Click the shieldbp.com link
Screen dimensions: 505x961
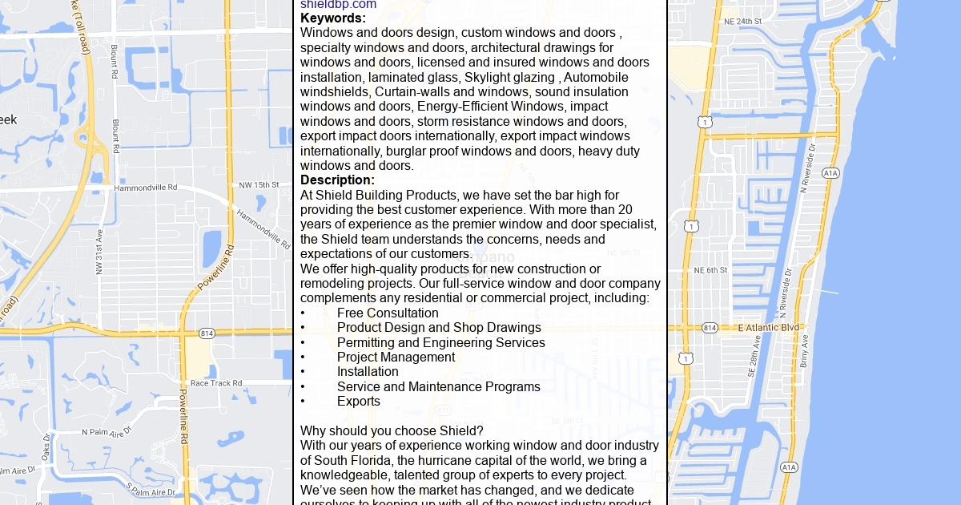pyautogui.click(x=338, y=5)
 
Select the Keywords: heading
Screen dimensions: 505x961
pyautogui.click(x=333, y=18)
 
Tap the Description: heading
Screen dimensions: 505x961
pyautogui.click(x=337, y=180)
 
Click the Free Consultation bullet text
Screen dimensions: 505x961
pyautogui.click(x=388, y=313)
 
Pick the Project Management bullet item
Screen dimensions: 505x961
pyautogui.click(x=396, y=358)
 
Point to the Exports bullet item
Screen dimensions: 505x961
pyautogui.click(x=359, y=402)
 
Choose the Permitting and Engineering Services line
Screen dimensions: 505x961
pyautogui.click(x=440, y=343)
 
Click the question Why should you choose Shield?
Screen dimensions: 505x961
pyautogui.click(x=392, y=431)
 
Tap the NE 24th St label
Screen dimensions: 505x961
pyautogui.click(x=742, y=21)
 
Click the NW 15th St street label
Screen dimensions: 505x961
pyautogui.click(x=259, y=185)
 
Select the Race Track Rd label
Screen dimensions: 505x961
pyautogui.click(x=216, y=383)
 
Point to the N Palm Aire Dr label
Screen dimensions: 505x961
pyautogui.click(x=106, y=432)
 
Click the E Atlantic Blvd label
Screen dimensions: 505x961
pyautogui.click(x=769, y=327)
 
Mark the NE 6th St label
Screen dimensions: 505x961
pyautogui.click(x=710, y=270)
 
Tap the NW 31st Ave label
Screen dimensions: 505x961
pyautogui.click(x=100, y=252)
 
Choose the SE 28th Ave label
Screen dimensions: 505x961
pyautogui.click(x=753, y=356)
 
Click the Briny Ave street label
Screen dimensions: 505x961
pyautogui.click(x=804, y=351)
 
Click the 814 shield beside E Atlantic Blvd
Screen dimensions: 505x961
pyautogui.click(x=710, y=328)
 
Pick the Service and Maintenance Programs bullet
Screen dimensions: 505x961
pyautogui.click(x=438, y=387)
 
